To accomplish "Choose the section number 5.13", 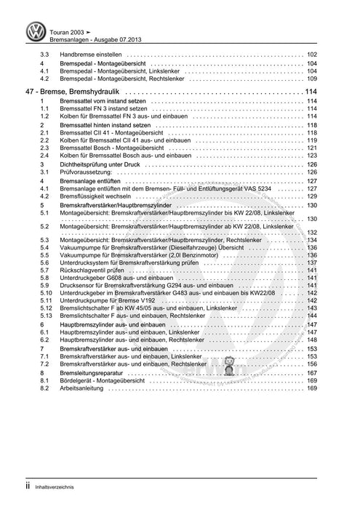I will click(x=46, y=316).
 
